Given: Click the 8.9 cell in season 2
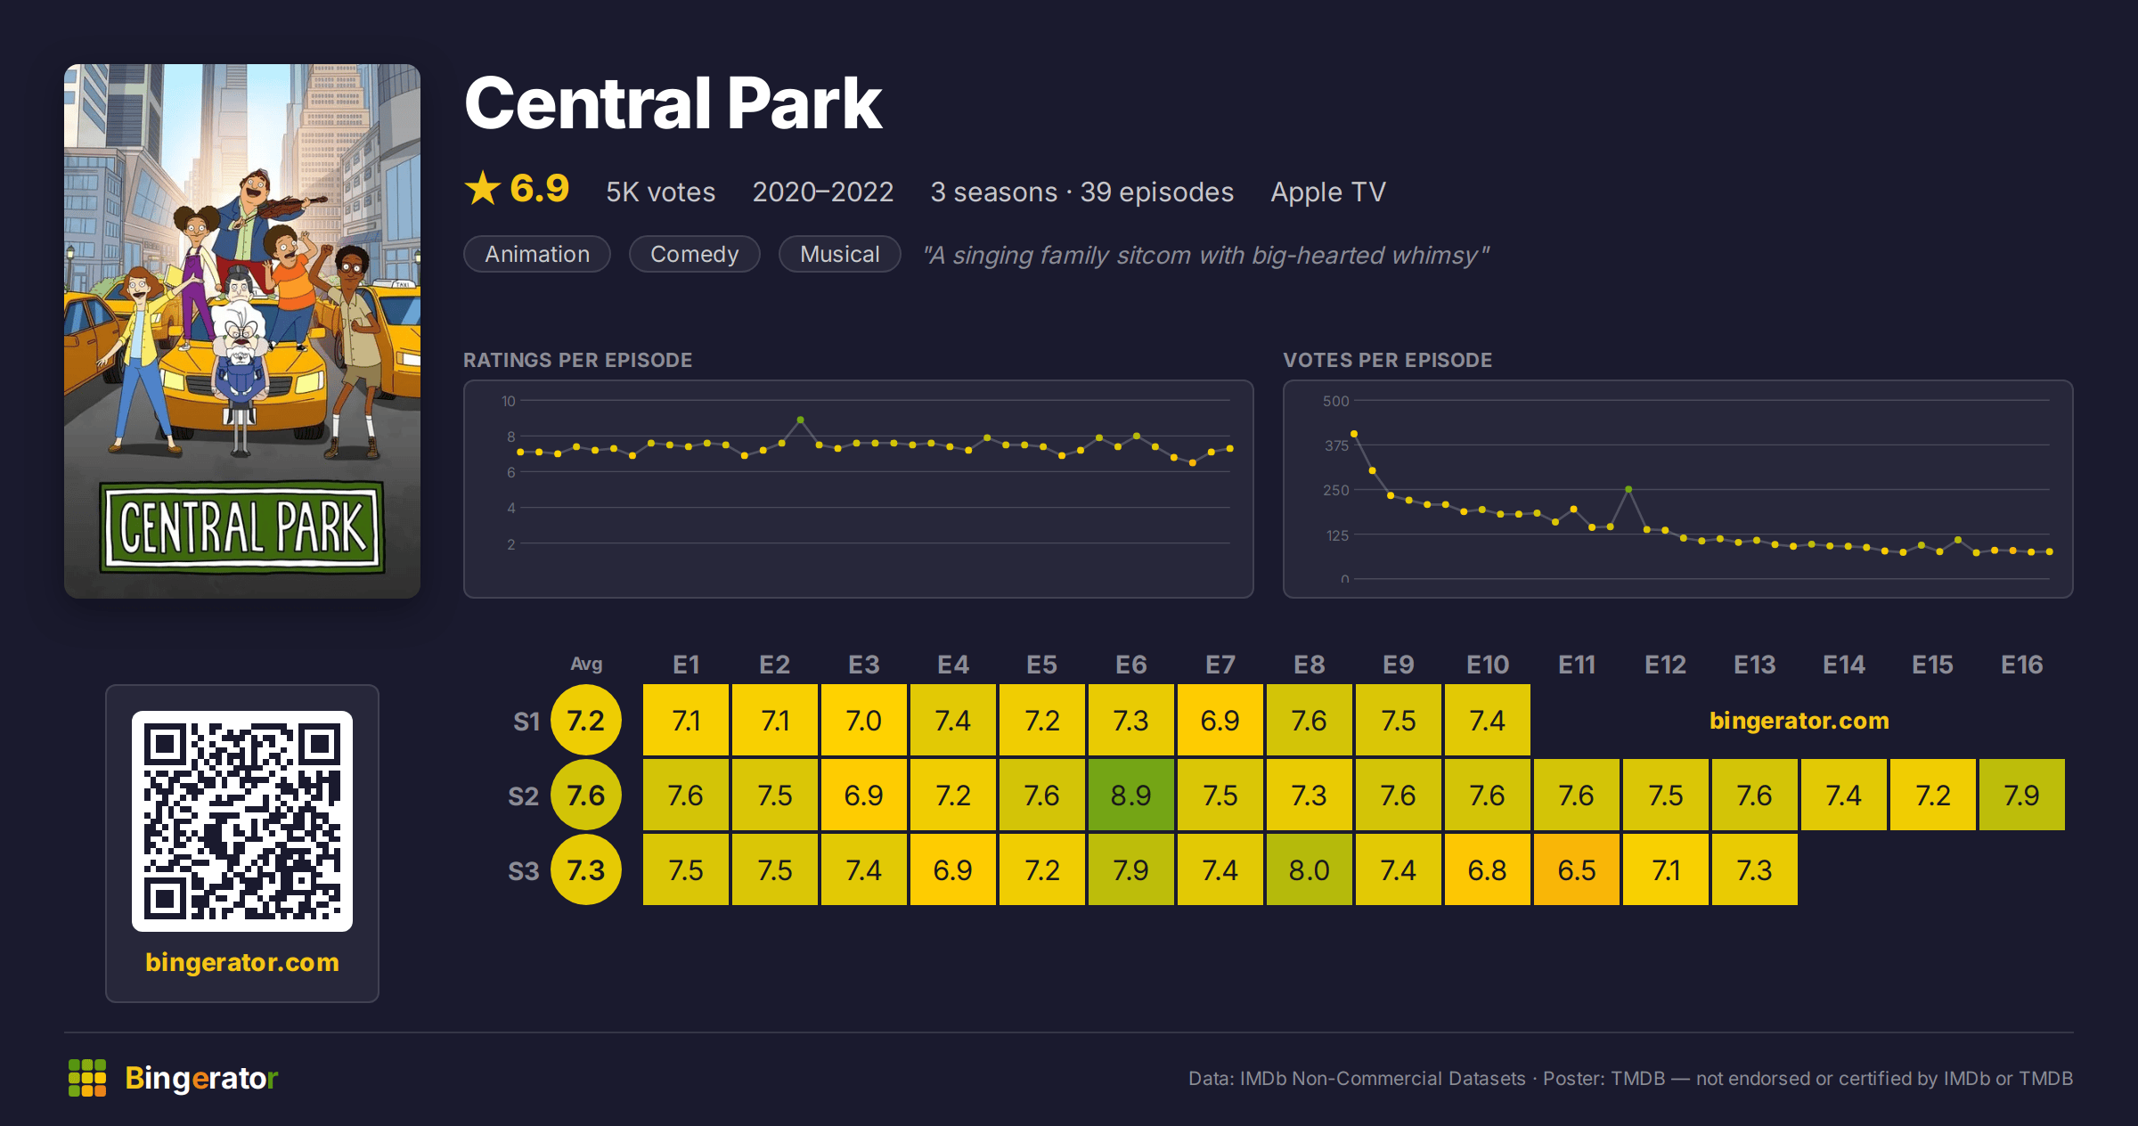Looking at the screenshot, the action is point(1131,795).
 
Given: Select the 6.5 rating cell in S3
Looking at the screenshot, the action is point(1577,869).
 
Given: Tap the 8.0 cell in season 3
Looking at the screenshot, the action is point(1310,869).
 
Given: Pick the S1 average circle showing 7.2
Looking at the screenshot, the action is point(586,720).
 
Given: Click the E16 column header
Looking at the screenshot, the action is point(2021,665).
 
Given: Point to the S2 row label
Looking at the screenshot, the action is point(524,796).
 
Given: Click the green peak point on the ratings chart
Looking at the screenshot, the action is point(800,420).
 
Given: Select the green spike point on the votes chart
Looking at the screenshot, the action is point(1628,489).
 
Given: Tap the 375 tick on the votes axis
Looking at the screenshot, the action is point(1336,445).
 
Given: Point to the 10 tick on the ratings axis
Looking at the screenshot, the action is point(509,401).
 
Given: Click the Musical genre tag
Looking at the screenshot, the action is point(839,254).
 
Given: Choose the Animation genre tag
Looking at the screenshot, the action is point(537,254).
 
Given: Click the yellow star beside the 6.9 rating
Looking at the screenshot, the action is point(483,188).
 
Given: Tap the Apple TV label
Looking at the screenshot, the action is point(1328,192).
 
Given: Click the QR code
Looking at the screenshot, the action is point(242,821).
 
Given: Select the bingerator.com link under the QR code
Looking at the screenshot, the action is point(242,962).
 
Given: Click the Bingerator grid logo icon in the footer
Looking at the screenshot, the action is point(87,1078).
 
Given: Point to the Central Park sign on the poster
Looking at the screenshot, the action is point(242,527).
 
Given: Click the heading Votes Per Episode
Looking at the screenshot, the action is point(1387,360).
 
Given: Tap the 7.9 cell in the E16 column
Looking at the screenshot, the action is point(2022,795).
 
